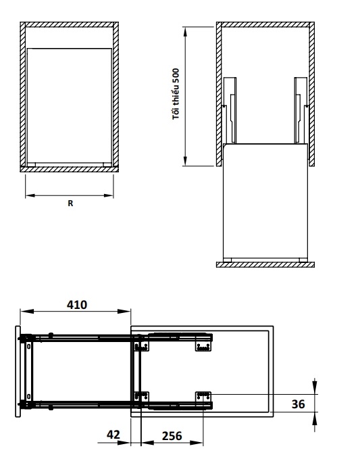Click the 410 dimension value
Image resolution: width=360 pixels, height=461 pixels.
click(77, 305)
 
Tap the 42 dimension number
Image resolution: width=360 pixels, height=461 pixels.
click(113, 434)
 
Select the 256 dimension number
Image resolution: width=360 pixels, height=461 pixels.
click(172, 436)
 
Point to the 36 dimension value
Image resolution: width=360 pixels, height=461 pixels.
click(298, 404)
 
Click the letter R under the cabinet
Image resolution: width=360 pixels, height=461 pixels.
click(70, 203)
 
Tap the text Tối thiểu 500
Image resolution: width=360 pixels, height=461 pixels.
click(176, 94)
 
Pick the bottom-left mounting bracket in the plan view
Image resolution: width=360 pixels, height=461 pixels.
click(142, 396)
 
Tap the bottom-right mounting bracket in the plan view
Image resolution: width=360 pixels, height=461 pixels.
click(203, 396)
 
